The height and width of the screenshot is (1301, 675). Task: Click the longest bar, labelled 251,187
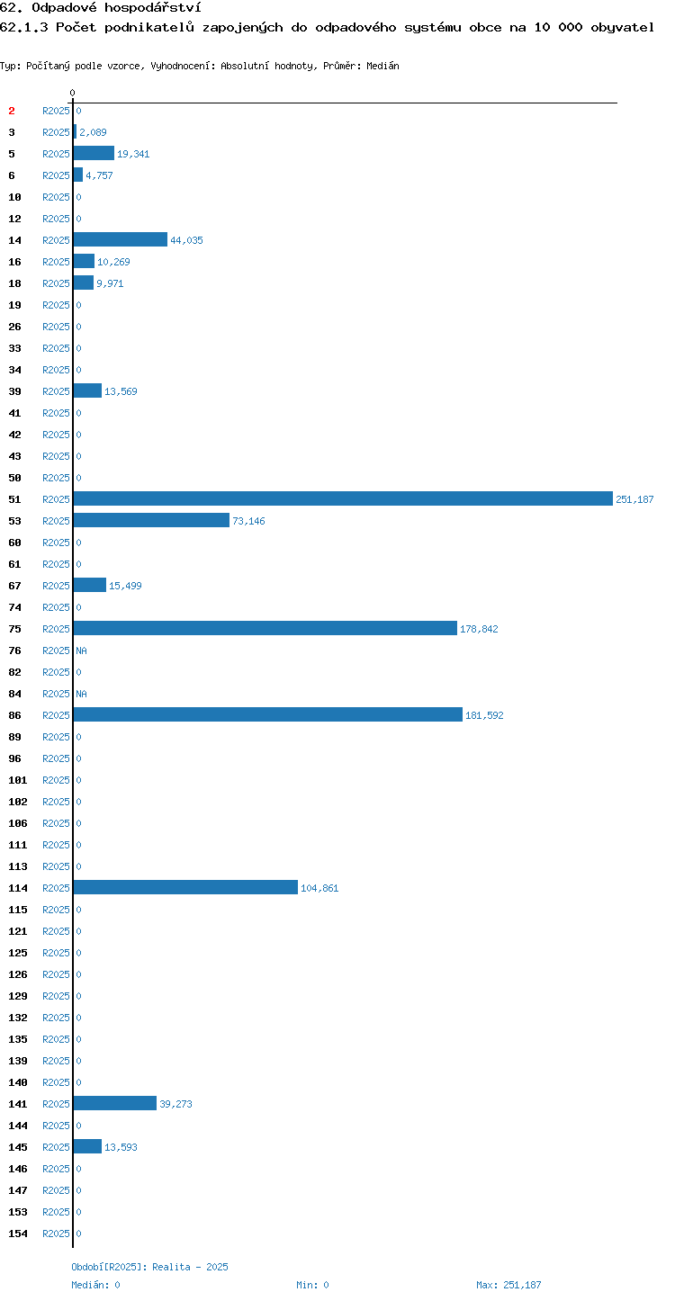point(343,499)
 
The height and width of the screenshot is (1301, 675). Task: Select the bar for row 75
point(265,628)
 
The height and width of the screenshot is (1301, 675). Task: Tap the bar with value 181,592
point(268,715)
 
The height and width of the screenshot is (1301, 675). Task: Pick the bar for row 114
point(185,887)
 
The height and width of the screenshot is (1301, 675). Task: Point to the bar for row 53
point(151,520)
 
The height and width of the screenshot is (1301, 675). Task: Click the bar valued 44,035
point(121,240)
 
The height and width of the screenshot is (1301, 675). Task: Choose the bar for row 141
point(115,1103)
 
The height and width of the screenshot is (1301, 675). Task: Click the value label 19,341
point(133,154)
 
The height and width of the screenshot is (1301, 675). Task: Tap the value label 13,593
point(121,1146)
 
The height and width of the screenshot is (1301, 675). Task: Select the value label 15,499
point(125,586)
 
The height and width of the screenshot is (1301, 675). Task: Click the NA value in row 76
point(81,650)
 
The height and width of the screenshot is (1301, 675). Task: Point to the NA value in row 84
point(81,694)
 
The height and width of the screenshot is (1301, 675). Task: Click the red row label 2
point(12,111)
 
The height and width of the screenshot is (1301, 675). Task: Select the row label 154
point(18,1233)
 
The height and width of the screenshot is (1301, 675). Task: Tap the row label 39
point(14,391)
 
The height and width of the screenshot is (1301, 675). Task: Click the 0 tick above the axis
point(72,93)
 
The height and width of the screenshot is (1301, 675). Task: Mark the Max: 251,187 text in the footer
point(508,1285)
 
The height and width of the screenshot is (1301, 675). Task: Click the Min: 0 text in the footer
point(312,1285)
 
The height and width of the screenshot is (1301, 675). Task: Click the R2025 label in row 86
point(56,715)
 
